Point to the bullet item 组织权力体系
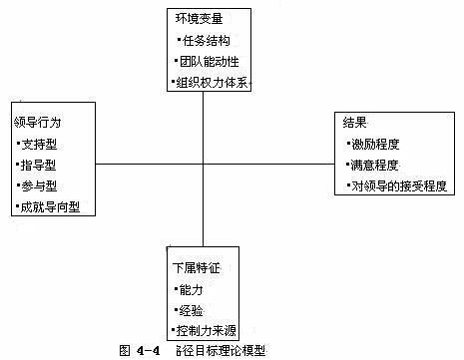(212, 83)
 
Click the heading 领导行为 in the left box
(37, 122)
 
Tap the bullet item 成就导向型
(51, 207)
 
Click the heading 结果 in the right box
(353, 122)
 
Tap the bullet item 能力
(191, 289)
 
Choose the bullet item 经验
(191, 309)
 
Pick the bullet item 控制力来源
(208, 330)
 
